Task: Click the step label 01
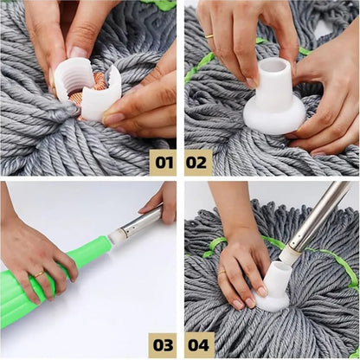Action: point(162,161)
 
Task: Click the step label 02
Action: point(198,161)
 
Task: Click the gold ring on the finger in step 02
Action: point(209,36)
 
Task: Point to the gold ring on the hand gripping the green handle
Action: point(39,274)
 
